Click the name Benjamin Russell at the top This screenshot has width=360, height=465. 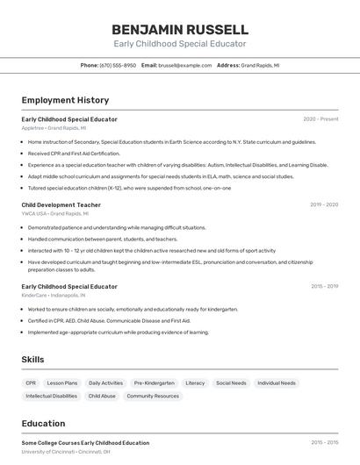point(180,29)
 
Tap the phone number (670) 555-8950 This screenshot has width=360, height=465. point(118,65)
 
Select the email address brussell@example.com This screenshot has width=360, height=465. point(184,65)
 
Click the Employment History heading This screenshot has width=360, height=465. point(65,100)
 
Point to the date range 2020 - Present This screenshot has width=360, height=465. point(320,118)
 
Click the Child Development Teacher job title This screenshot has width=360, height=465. point(61,204)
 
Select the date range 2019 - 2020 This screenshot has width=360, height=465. point(323,204)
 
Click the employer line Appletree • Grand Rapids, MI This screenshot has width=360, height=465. point(54,127)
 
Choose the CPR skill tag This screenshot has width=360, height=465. point(31,383)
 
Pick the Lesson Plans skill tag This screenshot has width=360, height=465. point(62,383)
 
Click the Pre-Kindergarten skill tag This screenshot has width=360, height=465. point(154,383)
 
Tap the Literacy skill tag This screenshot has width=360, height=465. point(195,383)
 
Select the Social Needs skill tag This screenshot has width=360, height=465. point(231,383)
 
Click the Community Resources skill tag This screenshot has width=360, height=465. point(153,396)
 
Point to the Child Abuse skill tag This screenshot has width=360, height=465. point(102,396)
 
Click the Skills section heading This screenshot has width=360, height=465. point(33,360)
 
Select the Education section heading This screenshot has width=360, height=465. point(43,423)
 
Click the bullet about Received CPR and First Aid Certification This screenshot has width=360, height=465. point(74,153)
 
